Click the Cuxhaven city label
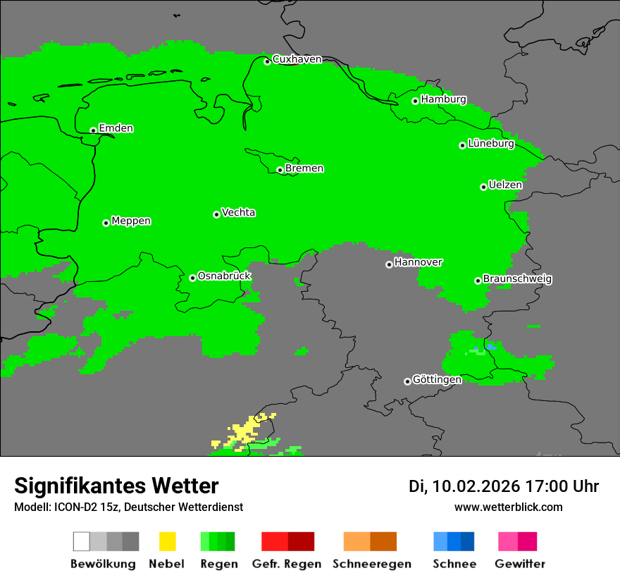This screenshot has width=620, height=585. [297, 59]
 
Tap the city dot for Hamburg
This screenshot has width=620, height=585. [416, 101]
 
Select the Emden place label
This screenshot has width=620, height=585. [116, 128]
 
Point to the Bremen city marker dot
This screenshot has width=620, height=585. [280, 170]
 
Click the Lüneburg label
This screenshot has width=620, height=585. [491, 144]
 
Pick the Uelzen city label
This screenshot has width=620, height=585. [505, 185]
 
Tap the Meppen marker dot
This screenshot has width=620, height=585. [106, 223]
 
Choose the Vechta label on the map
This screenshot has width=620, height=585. [238, 213]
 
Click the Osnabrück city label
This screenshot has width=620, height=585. [224, 276]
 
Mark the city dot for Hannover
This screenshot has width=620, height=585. [389, 264]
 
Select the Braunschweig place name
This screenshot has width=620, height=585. [517, 279]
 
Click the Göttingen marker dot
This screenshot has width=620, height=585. [407, 381]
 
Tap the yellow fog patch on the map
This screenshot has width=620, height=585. [245, 431]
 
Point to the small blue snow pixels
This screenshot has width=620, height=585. [490, 347]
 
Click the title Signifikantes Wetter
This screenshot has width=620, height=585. [116, 486]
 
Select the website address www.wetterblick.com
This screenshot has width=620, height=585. [508, 507]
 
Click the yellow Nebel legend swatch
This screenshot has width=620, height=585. [167, 541]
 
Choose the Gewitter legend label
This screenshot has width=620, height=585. [519, 564]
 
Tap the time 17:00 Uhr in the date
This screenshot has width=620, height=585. [561, 486]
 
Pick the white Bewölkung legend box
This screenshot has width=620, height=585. [82, 541]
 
